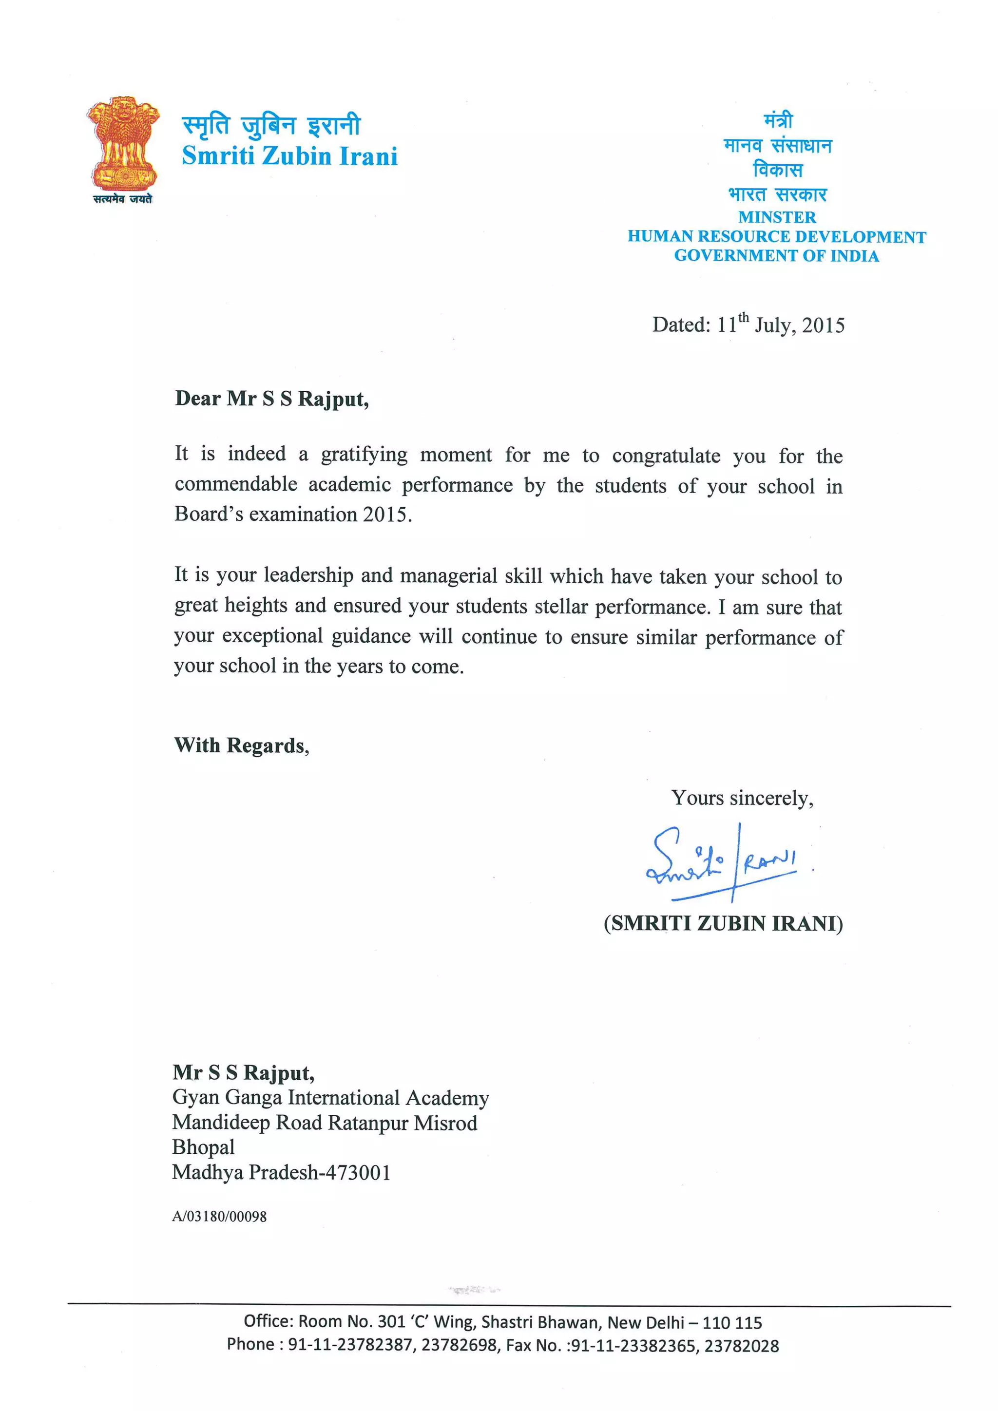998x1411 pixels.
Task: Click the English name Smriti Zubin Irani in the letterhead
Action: click(289, 156)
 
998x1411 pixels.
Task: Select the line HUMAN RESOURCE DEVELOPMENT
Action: click(776, 237)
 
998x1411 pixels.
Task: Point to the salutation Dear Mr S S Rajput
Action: click(271, 399)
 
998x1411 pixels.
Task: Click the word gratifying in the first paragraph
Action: click(364, 455)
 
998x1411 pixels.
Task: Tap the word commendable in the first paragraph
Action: click(236, 485)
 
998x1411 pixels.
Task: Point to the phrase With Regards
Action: click(242, 745)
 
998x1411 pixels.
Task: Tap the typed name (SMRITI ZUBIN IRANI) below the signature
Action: click(723, 923)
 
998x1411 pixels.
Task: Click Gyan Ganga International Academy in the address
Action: click(330, 1098)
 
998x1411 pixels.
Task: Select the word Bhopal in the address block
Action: click(203, 1147)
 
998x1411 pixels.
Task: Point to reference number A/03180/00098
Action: click(219, 1216)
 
